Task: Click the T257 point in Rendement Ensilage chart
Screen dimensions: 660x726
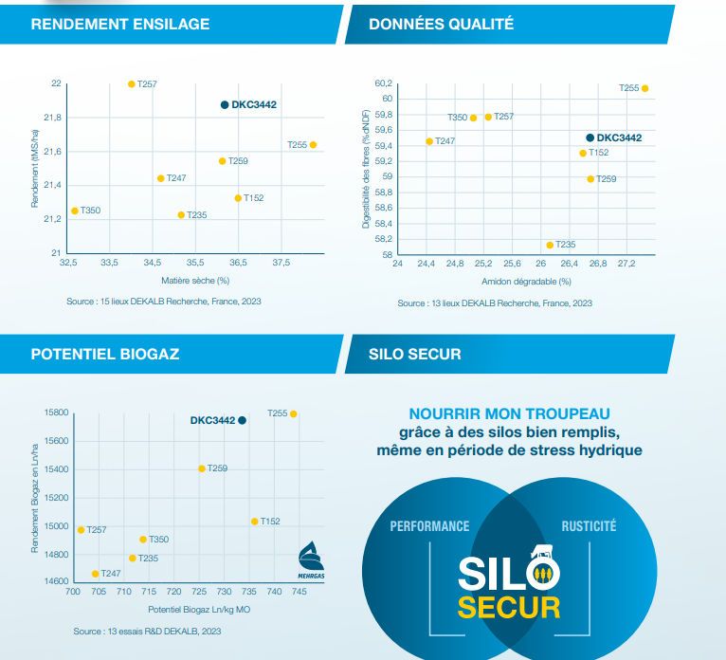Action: pyautogui.click(x=132, y=84)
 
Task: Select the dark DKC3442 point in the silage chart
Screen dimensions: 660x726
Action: pyautogui.click(x=225, y=104)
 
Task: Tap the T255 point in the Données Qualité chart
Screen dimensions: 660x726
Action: pyautogui.click(x=644, y=88)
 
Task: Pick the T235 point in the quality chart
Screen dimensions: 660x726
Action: pyautogui.click(x=550, y=245)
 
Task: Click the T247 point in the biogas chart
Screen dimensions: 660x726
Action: pyautogui.click(x=95, y=574)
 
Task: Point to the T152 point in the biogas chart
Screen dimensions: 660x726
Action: pyautogui.click(x=254, y=522)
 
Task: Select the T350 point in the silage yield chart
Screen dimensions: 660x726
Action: pyautogui.click(x=75, y=211)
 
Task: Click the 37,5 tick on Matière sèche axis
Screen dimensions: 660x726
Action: pyautogui.click(x=281, y=262)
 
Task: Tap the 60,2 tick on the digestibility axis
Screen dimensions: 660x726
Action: pyautogui.click(x=383, y=83)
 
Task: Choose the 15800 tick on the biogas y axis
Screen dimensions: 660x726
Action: pyautogui.click(x=57, y=413)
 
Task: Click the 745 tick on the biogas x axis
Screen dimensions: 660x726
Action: pyautogui.click(x=299, y=591)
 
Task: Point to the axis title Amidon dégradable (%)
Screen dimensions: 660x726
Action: pyautogui.click(x=526, y=282)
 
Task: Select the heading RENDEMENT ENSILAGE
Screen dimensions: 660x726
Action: pyautogui.click(x=120, y=24)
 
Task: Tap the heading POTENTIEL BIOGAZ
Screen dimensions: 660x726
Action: pyautogui.click(x=105, y=355)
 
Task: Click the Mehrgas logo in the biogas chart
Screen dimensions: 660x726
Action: pyautogui.click(x=312, y=555)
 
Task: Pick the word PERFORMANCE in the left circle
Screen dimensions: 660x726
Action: pyautogui.click(x=429, y=526)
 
